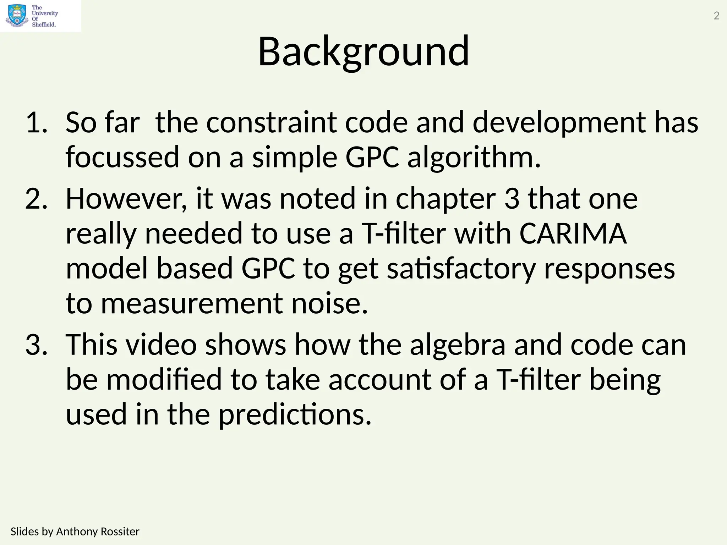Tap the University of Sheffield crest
click(17, 16)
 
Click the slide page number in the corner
click(716, 16)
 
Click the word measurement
click(192, 304)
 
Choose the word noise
click(329, 304)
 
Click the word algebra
click(458, 345)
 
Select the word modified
click(164, 380)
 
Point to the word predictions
click(295, 414)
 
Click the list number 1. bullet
click(36, 123)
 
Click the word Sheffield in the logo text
click(44, 24)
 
